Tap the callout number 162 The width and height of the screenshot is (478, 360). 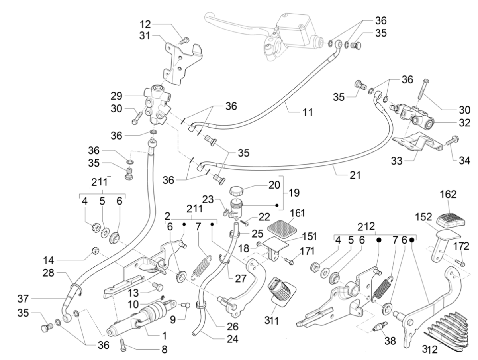coord(449,195)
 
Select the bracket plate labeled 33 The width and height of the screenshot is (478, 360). coord(417,143)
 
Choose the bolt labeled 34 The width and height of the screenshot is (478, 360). coord(453,140)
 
